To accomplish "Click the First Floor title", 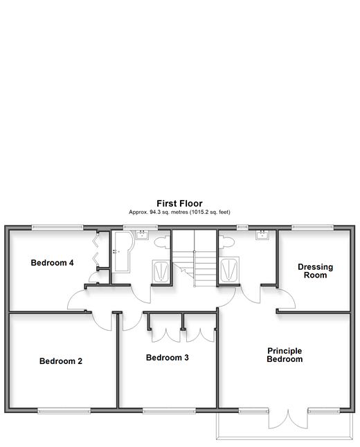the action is click(x=179, y=203).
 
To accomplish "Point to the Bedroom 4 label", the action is click(x=52, y=262).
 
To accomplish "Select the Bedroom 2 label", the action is click(x=61, y=361).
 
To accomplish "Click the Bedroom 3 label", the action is click(x=168, y=358).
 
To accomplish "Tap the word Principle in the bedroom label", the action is click(x=285, y=351).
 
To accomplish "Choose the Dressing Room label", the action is click(x=315, y=271).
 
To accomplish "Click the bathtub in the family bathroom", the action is click(x=122, y=252).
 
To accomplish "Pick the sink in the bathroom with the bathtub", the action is click(x=142, y=235).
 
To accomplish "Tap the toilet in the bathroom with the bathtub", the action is click(x=162, y=242).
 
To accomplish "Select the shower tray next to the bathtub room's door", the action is click(x=161, y=271).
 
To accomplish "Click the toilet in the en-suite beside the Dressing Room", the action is click(x=226, y=242).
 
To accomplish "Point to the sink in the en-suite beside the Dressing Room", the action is click(x=262, y=235).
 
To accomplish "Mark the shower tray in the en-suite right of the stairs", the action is click(x=228, y=269).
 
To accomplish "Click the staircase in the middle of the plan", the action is click(x=195, y=258).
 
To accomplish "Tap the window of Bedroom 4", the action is click(x=57, y=227).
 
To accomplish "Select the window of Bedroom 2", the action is click(x=64, y=411).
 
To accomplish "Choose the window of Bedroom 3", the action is click(x=169, y=411).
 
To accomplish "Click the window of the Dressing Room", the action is click(x=312, y=227).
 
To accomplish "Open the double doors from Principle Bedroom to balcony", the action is click(x=288, y=419).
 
